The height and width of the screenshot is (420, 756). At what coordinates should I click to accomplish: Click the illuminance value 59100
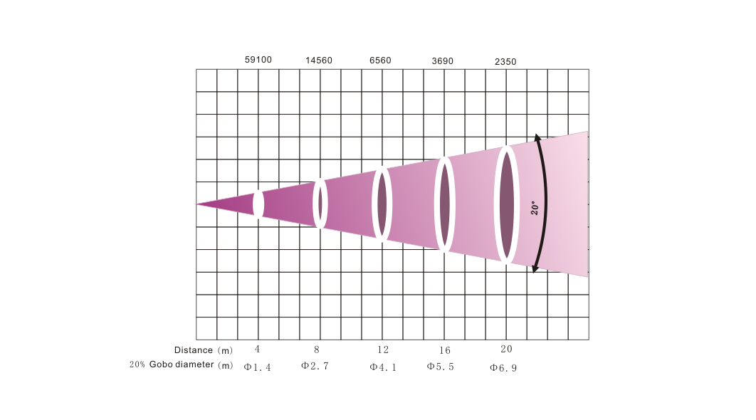tap(258, 60)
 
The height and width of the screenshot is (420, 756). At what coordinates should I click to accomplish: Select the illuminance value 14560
tap(319, 61)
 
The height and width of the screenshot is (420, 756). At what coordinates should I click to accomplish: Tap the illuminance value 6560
tap(380, 61)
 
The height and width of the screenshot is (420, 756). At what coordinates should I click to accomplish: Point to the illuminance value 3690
tap(442, 61)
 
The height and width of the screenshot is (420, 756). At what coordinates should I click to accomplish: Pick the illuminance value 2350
tap(505, 62)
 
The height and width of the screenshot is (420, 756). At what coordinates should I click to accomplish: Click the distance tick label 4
tap(258, 349)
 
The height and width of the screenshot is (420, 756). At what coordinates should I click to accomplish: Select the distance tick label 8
tap(316, 349)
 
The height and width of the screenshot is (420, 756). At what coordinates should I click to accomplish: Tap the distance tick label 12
tap(383, 350)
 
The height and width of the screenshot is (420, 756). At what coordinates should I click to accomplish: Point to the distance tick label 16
tap(444, 350)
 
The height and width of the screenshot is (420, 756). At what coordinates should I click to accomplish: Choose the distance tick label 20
tap(506, 349)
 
